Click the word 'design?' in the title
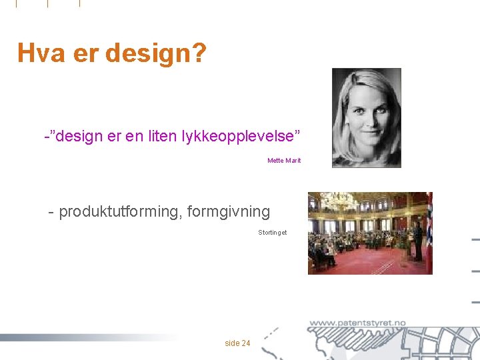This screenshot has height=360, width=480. (x=155, y=53)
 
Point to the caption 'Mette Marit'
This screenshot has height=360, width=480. (x=284, y=161)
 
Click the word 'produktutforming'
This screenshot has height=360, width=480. (x=121, y=212)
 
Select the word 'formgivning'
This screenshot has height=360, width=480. (x=229, y=212)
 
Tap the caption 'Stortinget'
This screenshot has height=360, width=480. (x=272, y=233)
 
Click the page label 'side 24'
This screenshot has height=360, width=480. (x=237, y=343)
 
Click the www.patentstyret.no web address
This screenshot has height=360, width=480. (x=357, y=323)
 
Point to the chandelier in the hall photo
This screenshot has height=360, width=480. (x=339, y=200)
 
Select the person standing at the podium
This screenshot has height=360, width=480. (x=417, y=240)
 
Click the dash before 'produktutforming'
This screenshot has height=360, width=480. (x=51, y=213)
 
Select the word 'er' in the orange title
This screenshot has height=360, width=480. (x=85, y=53)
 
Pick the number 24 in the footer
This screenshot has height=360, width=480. (x=246, y=343)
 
